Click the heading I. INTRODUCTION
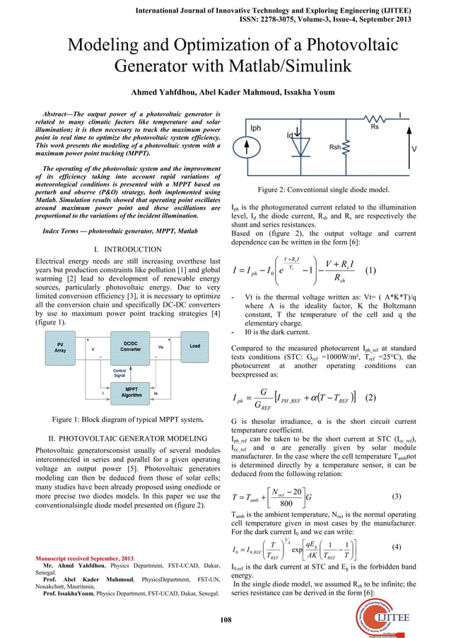coord(126,250)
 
